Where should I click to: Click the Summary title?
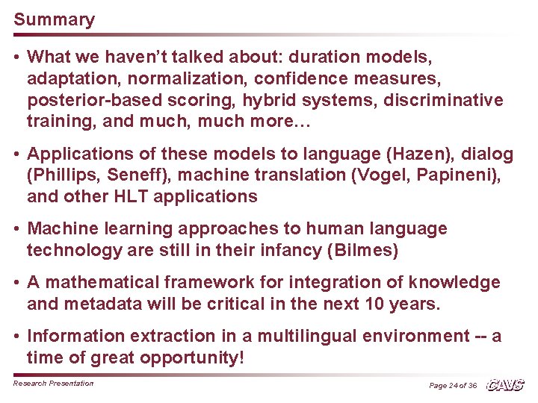(54, 20)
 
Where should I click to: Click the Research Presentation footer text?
(54, 384)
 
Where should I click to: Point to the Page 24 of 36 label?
(453, 385)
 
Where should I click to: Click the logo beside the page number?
(505, 384)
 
